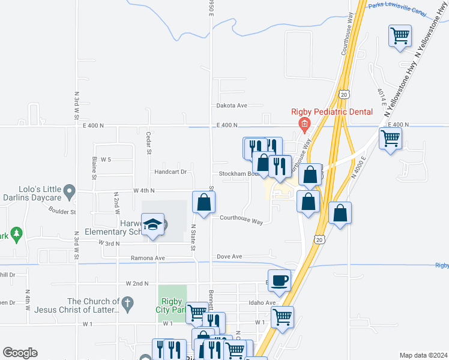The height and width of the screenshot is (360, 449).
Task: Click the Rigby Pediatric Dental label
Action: click(332, 112)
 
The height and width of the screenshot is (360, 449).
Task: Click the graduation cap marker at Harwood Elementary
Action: click(154, 224)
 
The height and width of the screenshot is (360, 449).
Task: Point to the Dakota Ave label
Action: click(232, 106)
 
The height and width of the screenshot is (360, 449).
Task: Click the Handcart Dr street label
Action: click(170, 172)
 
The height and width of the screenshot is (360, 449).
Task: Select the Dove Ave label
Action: click(229, 256)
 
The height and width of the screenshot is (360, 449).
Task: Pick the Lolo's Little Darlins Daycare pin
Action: click(70, 193)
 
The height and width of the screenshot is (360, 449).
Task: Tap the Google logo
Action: click(20, 353)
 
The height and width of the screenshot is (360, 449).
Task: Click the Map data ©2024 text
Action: click(423, 355)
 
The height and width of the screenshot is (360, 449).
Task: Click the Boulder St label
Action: click(62, 212)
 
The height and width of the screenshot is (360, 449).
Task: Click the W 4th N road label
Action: click(144, 190)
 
